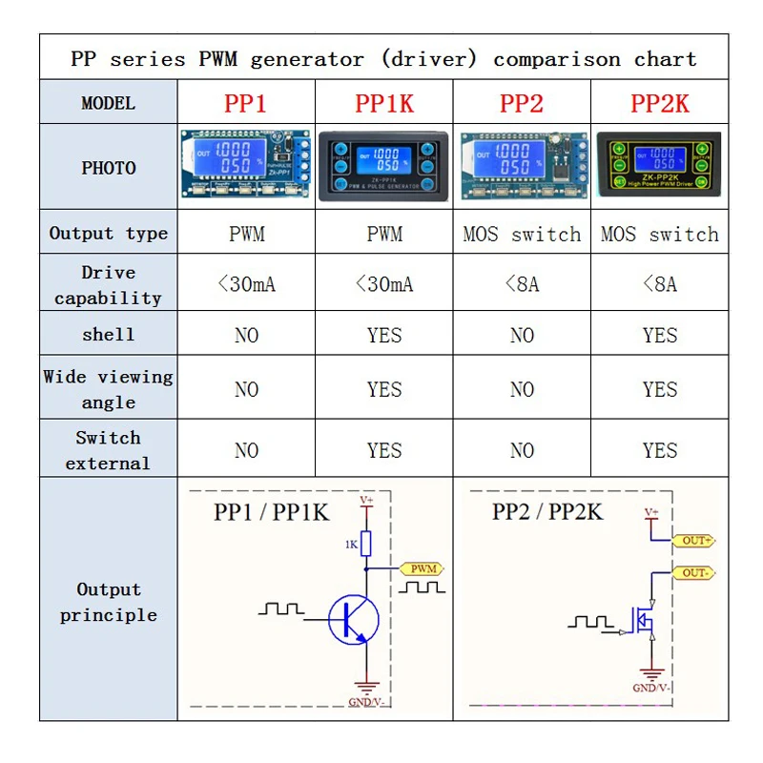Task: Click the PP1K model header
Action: pos(384,103)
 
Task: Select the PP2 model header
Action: pos(522,103)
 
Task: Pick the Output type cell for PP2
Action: pos(522,234)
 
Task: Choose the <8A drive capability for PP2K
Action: pos(660,283)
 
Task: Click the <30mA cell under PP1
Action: pos(246,283)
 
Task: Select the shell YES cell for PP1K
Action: pos(384,335)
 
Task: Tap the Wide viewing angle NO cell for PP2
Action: pos(522,389)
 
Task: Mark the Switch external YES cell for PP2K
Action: pos(660,450)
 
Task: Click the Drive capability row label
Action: pos(108,284)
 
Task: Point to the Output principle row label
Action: pos(108,602)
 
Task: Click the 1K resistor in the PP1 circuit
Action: pos(366,543)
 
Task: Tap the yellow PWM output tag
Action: pos(423,569)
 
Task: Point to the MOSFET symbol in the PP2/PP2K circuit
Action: pos(644,620)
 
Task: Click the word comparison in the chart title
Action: pos(556,59)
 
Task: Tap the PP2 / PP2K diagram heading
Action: pos(547,511)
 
